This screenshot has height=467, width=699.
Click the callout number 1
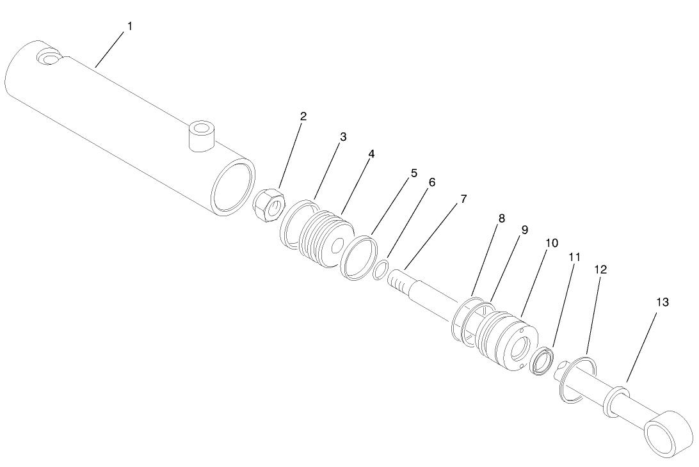[130, 26]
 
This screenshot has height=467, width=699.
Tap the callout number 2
[303, 116]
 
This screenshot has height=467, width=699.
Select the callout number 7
[463, 199]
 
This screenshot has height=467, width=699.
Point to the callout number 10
[551, 243]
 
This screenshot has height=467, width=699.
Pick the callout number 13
[662, 302]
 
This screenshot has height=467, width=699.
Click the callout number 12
[600, 270]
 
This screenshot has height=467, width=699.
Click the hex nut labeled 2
[269, 203]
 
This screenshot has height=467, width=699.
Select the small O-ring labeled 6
[380, 269]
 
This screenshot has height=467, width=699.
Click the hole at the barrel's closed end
[49, 57]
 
